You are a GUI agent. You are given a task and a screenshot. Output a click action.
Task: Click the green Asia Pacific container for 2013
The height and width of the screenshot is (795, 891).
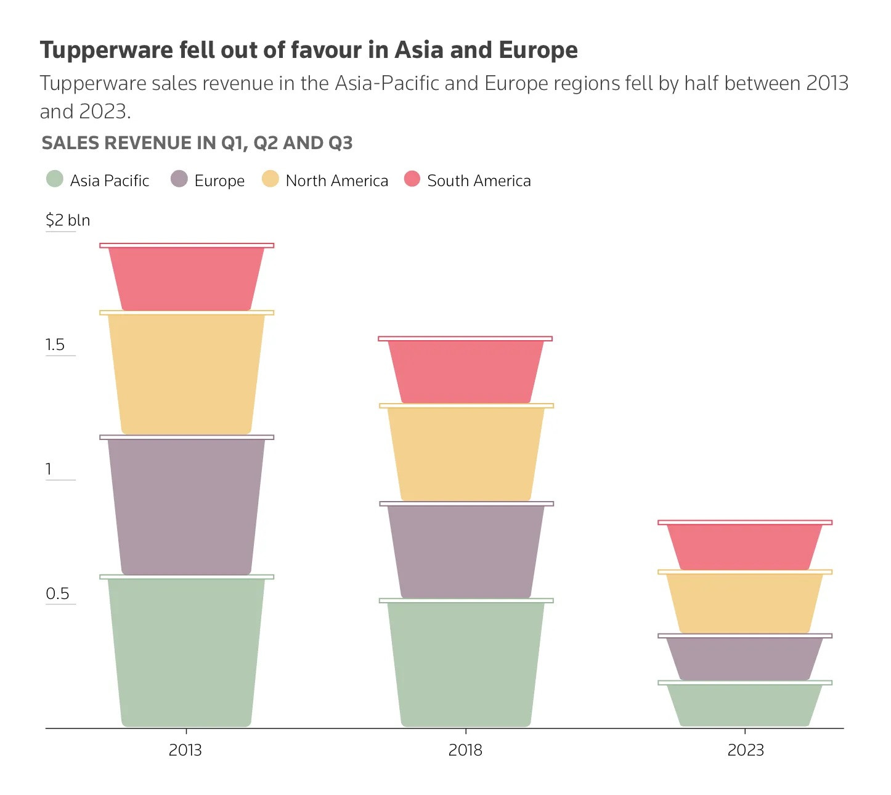(x=186, y=652)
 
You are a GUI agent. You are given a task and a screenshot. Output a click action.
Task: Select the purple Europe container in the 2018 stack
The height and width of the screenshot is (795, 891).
(x=466, y=552)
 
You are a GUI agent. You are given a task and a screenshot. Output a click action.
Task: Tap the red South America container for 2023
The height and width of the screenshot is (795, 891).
(x=744, y=547)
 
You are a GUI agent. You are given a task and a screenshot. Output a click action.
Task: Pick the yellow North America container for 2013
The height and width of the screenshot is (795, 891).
(x=186, y=374)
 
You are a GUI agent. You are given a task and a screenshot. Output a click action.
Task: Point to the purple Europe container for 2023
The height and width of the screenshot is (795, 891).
(x=744, y=659)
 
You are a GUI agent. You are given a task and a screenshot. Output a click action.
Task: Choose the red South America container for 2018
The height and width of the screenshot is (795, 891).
(x=466, y=372)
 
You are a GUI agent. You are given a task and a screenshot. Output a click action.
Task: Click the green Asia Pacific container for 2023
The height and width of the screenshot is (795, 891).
(x=744, y=705)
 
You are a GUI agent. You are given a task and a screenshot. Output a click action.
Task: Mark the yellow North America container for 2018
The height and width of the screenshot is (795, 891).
(x=466, y=454)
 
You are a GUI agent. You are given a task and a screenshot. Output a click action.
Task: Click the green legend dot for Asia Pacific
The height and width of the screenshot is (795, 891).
(x=55, y=179)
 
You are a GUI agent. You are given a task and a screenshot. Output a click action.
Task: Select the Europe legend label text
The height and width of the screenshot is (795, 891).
(x=219, y=181)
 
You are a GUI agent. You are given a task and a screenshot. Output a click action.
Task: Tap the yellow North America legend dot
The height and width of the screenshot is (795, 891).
(x=271, y=179)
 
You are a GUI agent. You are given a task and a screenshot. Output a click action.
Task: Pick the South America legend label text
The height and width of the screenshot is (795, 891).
(x=479, y=181)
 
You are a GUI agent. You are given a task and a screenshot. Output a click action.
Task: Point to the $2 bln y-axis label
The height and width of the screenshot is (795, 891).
(x=68, y=220)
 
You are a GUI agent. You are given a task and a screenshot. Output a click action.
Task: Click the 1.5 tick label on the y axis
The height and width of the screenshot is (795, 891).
(x=55, y=344)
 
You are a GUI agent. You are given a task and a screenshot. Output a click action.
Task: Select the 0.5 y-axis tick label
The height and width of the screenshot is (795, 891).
(x=57, y=593)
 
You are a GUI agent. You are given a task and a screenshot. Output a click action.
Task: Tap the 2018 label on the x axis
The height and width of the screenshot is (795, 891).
(x=465, y=750)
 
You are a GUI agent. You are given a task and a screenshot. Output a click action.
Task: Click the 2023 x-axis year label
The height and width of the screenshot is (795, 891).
(x=746, y=750)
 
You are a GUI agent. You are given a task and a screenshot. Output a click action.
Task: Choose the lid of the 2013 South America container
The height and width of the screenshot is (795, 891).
(x=187, y=245)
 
